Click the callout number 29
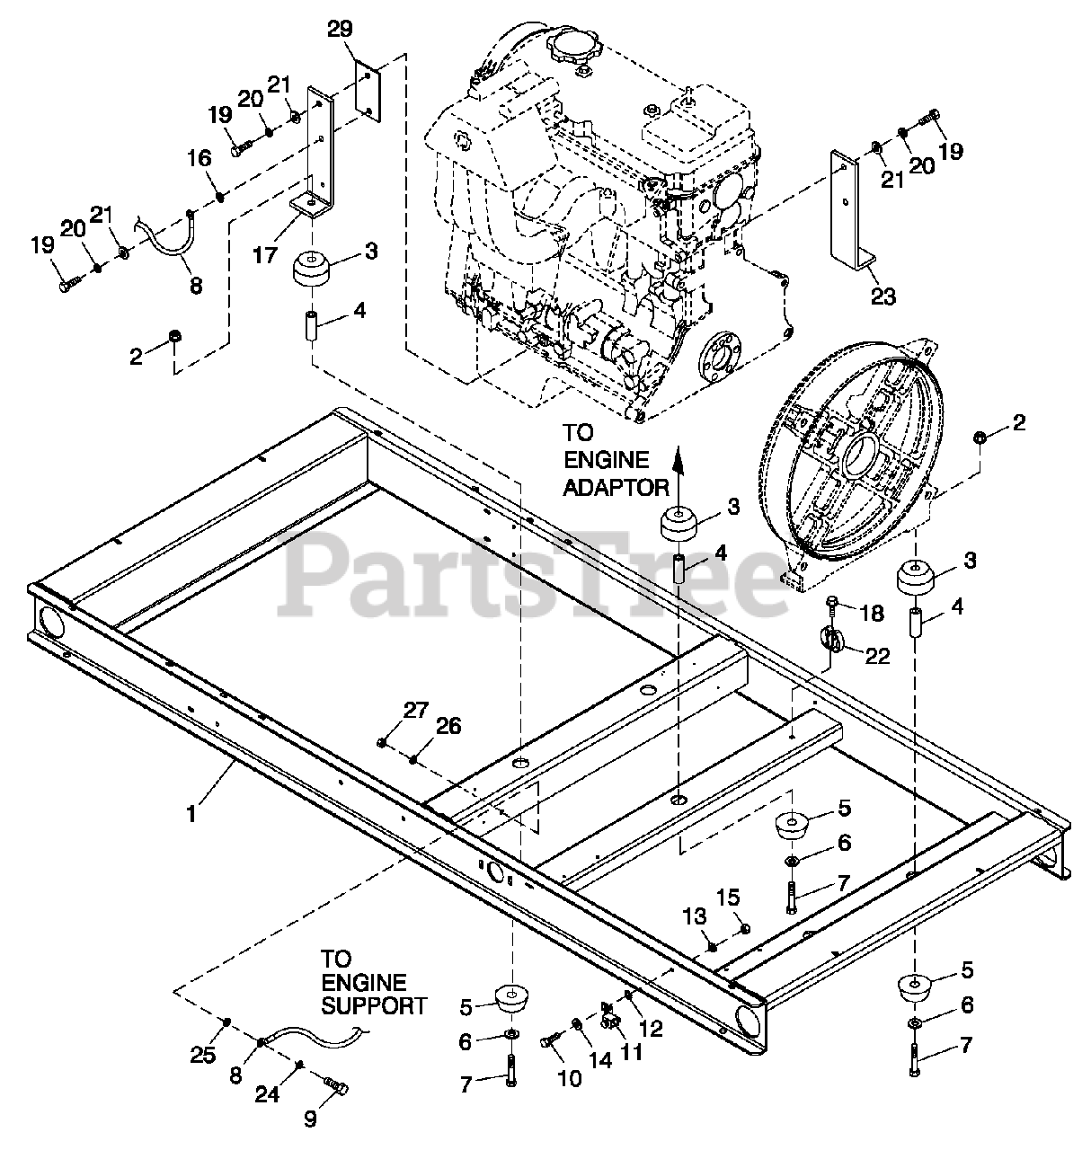(x=340, y=29)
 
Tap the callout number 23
(x=883, y=296)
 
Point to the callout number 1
(x=191, y=814)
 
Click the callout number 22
(x=877, y=656)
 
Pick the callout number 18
(x=872, y=613)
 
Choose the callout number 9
(x=310, y=1119)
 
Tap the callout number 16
(x=199, y=158)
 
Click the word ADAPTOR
(x=616, y=487)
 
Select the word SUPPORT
(x=374, y=1005)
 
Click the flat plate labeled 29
(x=368, y=93)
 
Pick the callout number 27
(x=415, y=710)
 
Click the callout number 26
(x=448, y=726)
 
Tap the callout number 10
(x=570, y=1078)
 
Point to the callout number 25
(x=202, y=1055)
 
